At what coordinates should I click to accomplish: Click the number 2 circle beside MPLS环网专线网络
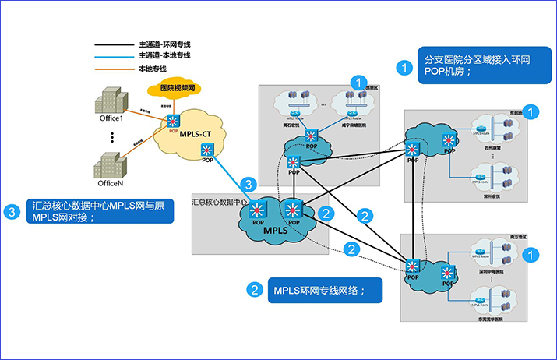(x=255, y=291)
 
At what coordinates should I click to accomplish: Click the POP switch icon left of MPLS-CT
(x=172, y=121)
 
